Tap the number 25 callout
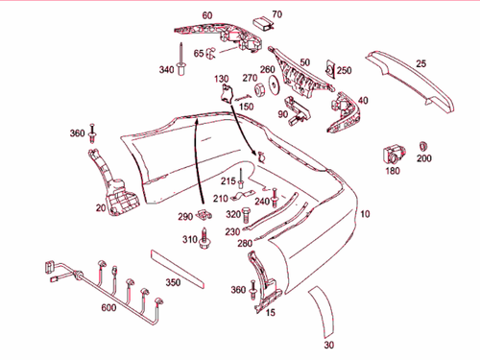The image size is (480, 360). [x=420, y=63]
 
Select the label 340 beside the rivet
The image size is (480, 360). [x=167, y=69]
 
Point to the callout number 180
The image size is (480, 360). [x=393, y=171]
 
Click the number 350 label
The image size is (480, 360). [x=173, y=283]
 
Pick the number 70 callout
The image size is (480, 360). [x=277, y=14]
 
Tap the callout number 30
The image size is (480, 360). [x=329, y=345]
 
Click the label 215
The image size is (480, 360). [x=228, y=180]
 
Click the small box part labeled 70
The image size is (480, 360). [x=260, y=24]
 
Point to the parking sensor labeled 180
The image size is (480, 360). [x=394, y=152]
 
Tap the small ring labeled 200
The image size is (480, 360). [x=423, y=144]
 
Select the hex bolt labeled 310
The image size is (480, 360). [x=204, y=239]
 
